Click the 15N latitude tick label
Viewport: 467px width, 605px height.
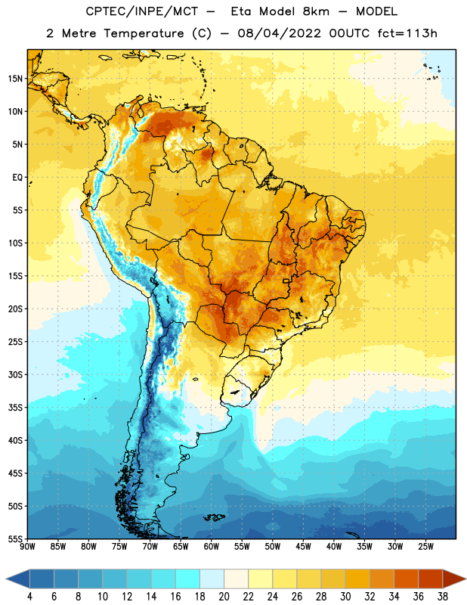point(15,79)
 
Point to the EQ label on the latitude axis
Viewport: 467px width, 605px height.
point(17,178)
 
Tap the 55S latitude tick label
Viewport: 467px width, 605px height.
point(15,538)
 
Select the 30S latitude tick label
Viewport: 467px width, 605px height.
point(15,374)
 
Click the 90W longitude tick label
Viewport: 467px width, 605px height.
point(27,547)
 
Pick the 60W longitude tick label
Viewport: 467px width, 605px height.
point(212,547)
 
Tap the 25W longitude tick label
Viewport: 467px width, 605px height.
point(425,547)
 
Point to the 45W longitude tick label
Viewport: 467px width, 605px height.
point(303,547)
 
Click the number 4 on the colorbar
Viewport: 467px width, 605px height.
point(29,597)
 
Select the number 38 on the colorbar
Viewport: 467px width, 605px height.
point(442,597)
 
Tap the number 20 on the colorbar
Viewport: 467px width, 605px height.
point(224,597)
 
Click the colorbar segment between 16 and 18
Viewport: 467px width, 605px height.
point(188,579)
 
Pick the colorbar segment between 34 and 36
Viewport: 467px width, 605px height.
point(406,579)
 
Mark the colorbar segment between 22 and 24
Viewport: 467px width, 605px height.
point(260,579)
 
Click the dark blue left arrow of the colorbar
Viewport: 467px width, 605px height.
point(18,579)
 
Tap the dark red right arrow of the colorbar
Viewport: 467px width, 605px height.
point(454,579)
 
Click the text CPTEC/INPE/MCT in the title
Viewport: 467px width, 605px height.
point(141,11)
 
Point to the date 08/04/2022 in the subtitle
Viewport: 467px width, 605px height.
point(279,33)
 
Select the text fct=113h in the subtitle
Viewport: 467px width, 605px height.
point(407,33)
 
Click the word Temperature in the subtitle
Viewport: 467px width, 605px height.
point(144,33)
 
